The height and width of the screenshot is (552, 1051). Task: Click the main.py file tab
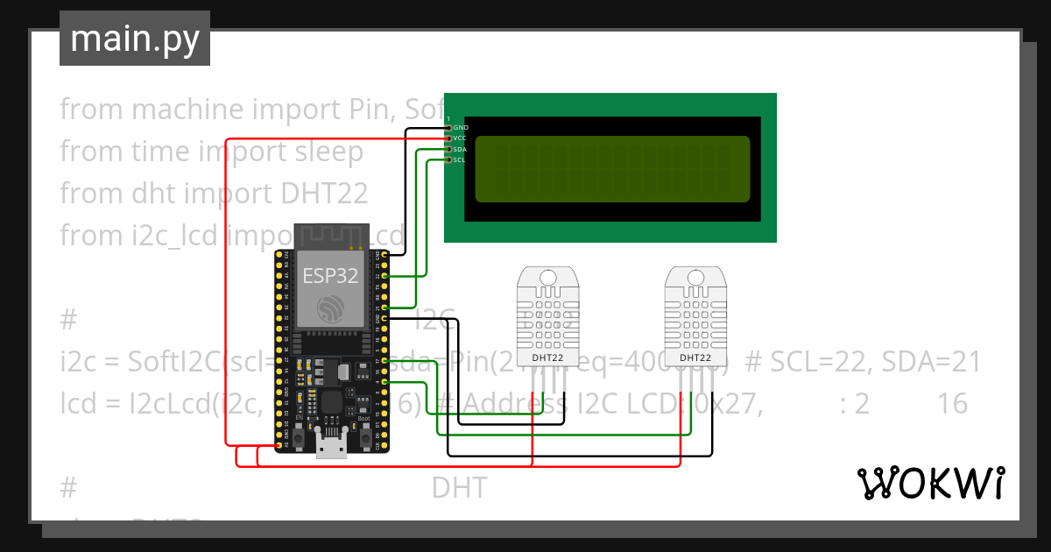pyautogui.click(x=134, y=39)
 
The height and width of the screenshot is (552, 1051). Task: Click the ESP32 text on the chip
pyautogui.click(x=330, y=275)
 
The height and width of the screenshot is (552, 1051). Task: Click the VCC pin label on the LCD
pyautogui.click(x=461, y=138)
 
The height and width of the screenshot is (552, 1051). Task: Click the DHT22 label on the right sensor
pyautogui.click(x=695, y=357)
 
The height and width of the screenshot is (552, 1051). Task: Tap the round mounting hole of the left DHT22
pyautogui.click(x=548, y=277)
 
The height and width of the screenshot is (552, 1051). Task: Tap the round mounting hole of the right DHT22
pyautogui.click(x=695, y=277)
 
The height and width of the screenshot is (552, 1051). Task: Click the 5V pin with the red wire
pyautogui.click(x=280, y=446)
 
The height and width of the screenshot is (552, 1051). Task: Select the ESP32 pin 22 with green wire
pyautogui.click(x=379, y=276)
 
